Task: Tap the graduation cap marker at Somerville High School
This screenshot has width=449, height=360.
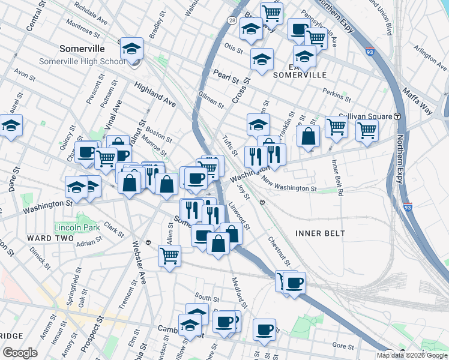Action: pyautogui.click(x=131, y=50)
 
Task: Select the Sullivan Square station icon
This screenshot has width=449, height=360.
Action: pyautogui.click(x=397, y=116)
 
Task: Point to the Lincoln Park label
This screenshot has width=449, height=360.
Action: pyautogui.click(x=76, y=228)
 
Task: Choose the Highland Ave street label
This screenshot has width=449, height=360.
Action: pyautogui.click(x=155, y=95)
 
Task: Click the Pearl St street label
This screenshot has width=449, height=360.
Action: pyautogui.click(x=226, y=77)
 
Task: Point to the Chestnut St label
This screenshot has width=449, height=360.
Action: pyautogui.click(x=280, y=251)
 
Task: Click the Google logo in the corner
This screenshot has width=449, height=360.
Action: pyautogui.click(x=20, y=353)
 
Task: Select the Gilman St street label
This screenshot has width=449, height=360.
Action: pyautogui.click(x=211, y=100)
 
